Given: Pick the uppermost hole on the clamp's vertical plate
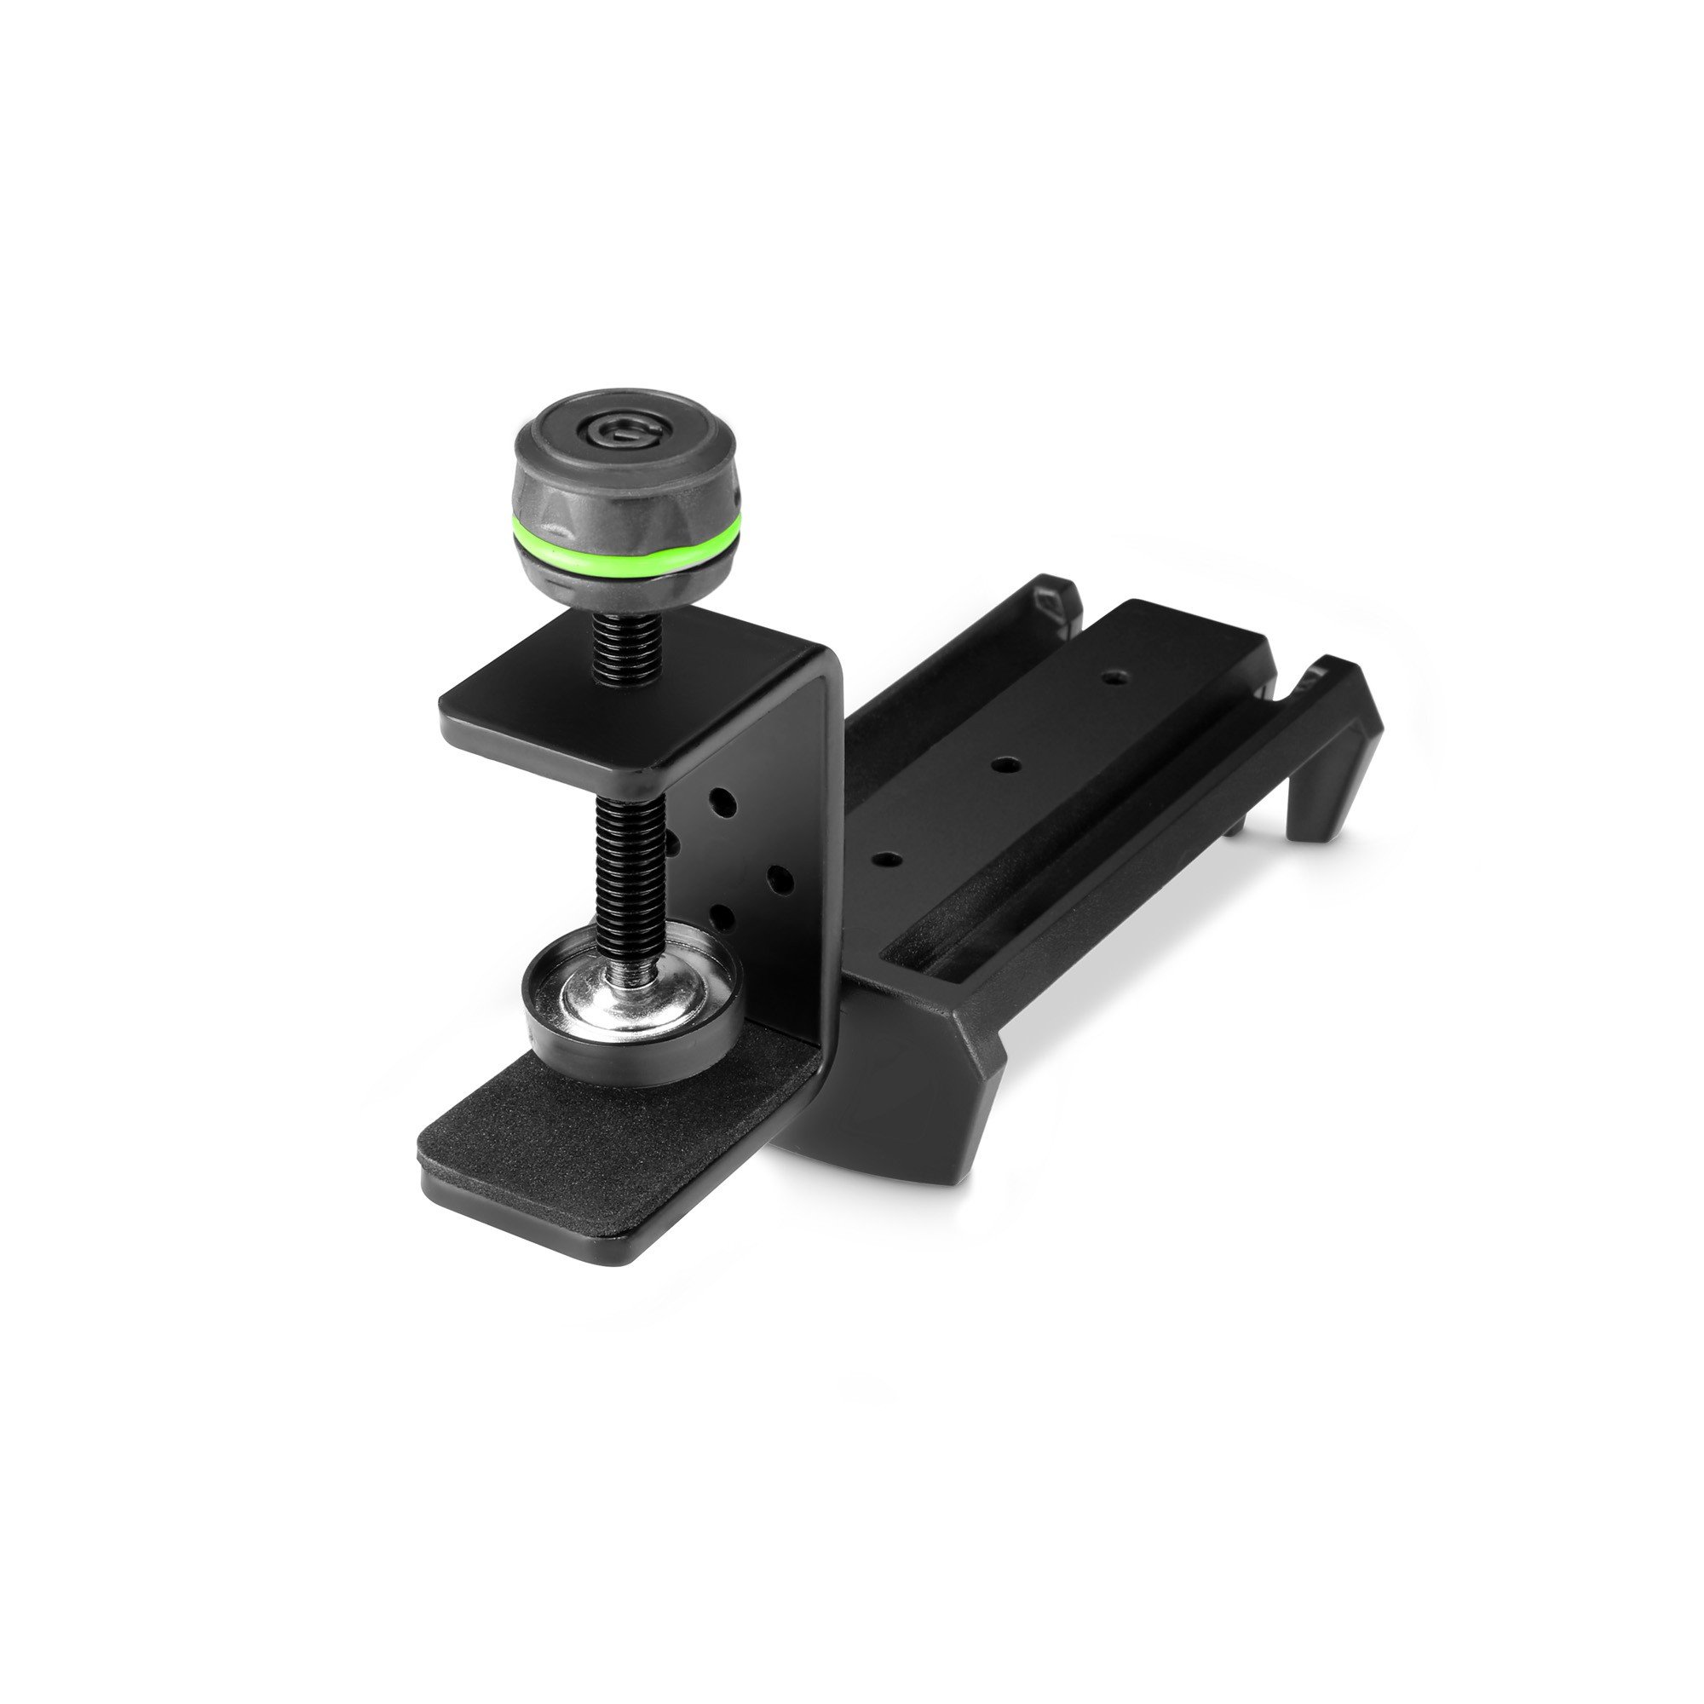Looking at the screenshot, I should coord(723,803).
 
